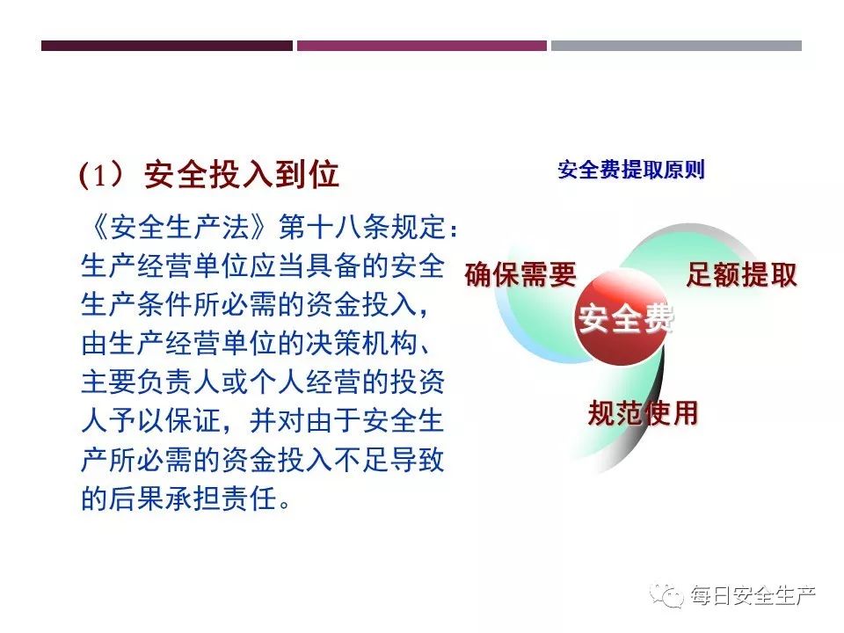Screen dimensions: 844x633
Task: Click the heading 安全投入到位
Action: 241,174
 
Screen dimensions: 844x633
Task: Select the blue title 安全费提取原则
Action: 631,170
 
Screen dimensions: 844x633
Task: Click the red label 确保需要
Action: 520,274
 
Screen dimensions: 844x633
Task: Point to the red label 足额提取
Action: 742,274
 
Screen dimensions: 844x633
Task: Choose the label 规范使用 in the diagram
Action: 644,413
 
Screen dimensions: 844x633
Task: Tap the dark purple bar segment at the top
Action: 167,46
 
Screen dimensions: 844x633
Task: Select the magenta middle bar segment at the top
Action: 422,46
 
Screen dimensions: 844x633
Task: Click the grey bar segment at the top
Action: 676,46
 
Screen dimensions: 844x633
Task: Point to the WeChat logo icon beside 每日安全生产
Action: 666,595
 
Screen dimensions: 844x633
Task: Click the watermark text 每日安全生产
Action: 753,595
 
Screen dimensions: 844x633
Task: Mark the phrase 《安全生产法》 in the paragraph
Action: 179,227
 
